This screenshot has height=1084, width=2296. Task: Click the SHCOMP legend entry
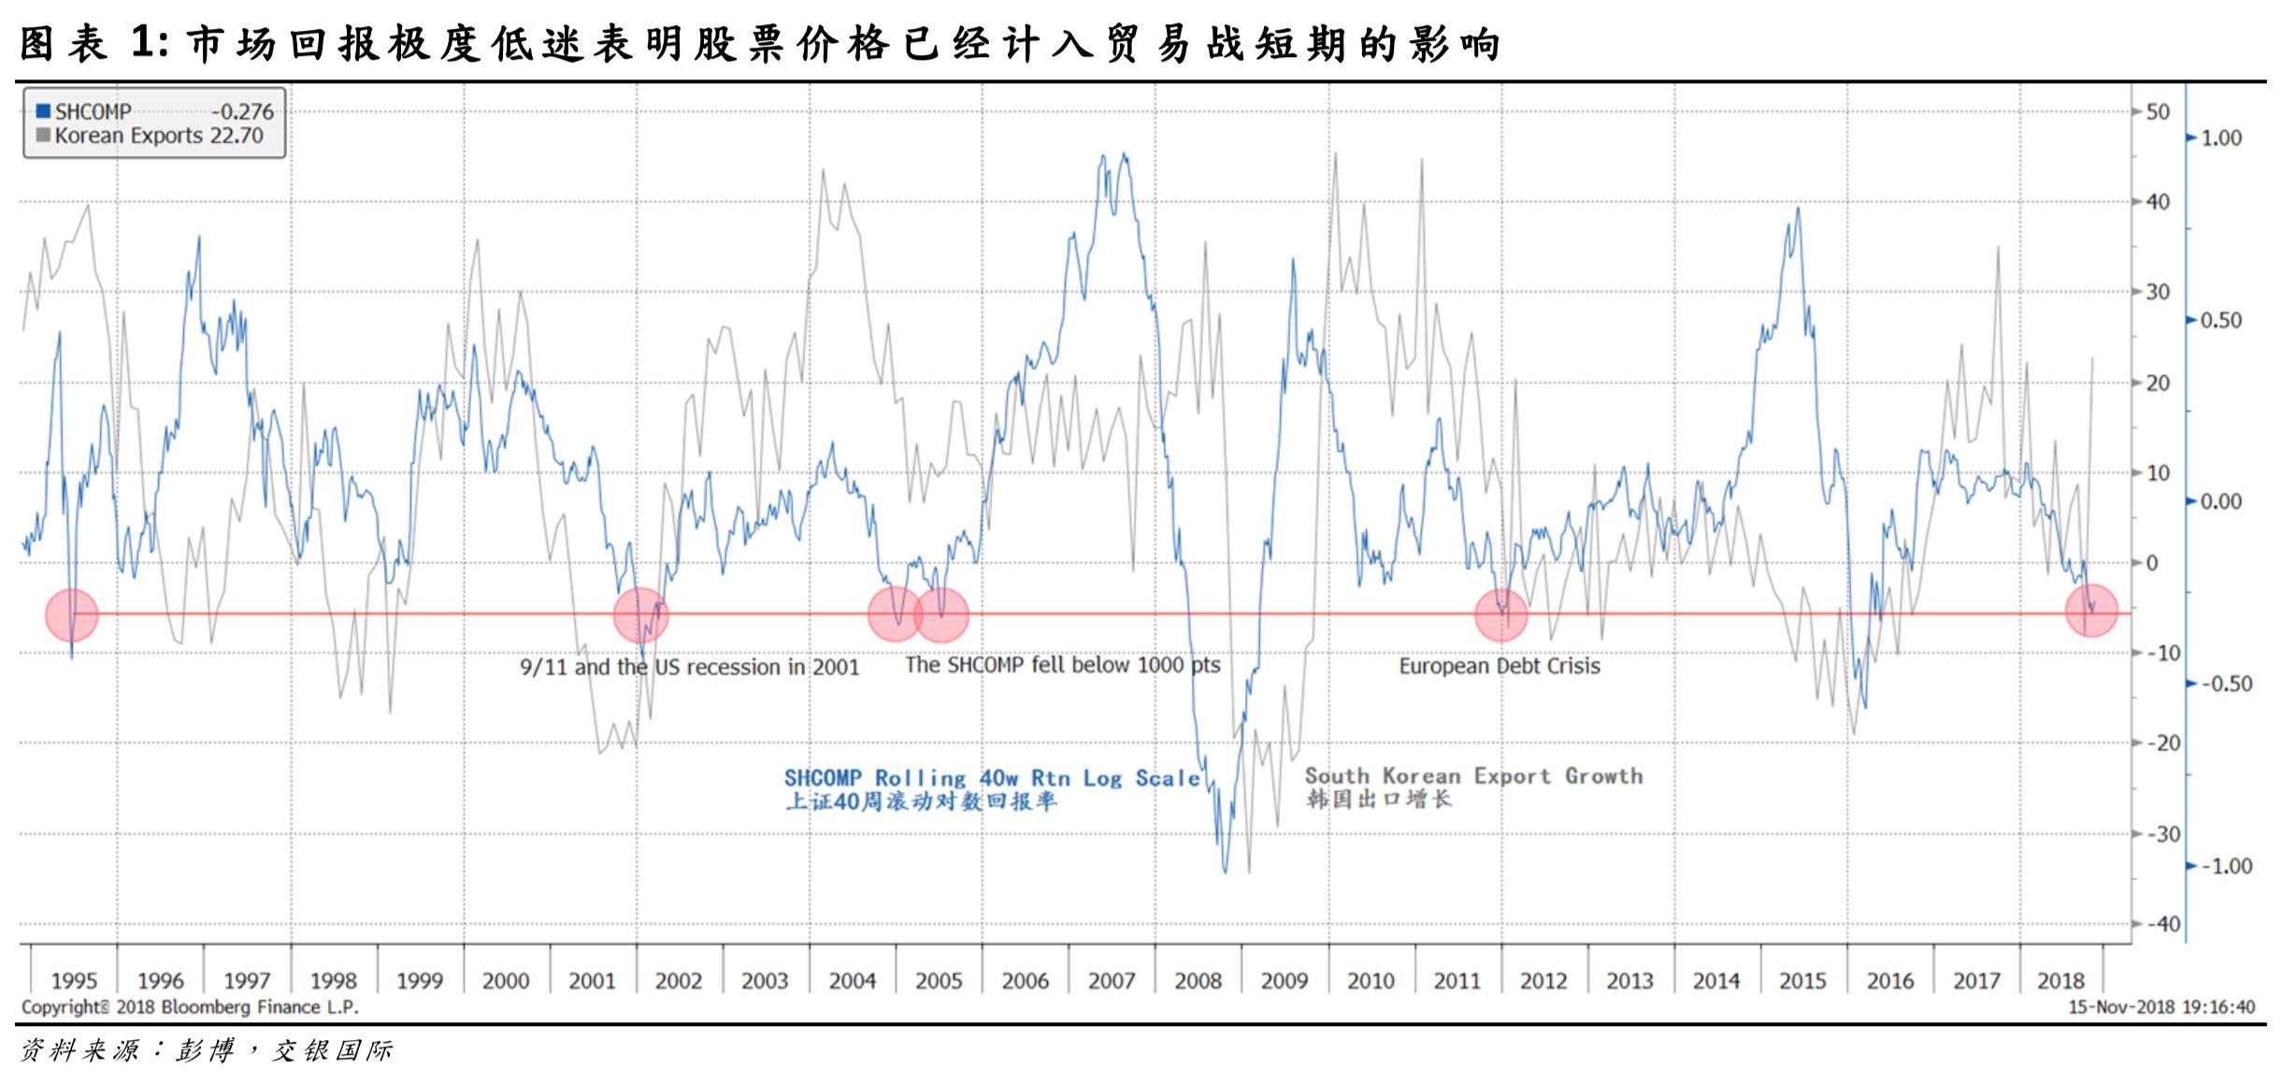(154, 111)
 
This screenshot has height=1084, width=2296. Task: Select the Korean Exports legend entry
(150, 136)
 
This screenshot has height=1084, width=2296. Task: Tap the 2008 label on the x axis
(1198, 980)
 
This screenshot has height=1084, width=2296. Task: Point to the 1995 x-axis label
(74, 980)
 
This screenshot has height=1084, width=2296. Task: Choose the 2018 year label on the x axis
(2060, 980)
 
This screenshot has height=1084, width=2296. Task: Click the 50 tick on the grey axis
(2158, 111)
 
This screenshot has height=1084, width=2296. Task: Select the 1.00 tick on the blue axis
(2221, 137)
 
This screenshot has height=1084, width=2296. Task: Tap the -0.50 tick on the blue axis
(2226, 684)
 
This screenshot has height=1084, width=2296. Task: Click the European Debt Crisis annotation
(1500, 666)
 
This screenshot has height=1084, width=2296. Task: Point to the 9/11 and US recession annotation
(690, 667)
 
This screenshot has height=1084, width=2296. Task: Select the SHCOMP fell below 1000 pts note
(1063, 665)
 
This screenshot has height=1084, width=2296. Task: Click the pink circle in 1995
(72, 615)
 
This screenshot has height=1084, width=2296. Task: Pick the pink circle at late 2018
(2091, 610)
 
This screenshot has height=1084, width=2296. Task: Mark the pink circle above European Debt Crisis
(1501, 615)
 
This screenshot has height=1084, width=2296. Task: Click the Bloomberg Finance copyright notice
(190, 1007)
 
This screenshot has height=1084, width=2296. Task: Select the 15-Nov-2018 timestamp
(2160, 1007)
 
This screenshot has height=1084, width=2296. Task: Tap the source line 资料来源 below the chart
(206, 1050)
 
